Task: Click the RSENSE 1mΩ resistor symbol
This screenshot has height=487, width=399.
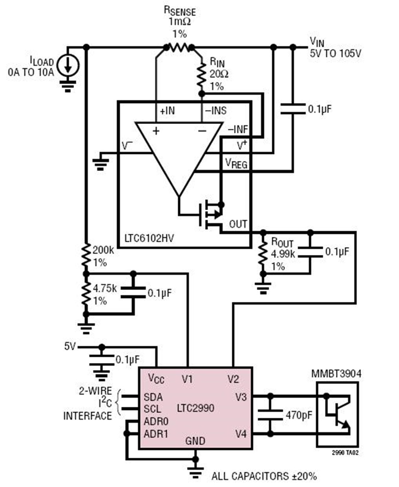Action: tap(179, 47)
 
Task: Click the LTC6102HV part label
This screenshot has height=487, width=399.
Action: tap(149, 238)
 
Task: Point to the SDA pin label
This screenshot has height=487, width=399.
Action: tap(153, 397)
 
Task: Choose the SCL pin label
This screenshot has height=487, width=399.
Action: tap(153, 409)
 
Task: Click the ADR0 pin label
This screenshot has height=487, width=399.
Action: tap(156, 421)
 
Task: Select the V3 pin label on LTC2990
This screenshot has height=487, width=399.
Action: tap(241, 397)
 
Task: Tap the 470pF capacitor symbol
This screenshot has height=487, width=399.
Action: tap(270, 415)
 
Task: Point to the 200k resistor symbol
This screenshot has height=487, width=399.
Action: tap(86, 255)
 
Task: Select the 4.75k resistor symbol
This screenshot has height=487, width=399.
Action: tap(86, 294)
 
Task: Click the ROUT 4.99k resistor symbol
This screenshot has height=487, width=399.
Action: tap(263, 253)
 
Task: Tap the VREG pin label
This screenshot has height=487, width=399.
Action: tap(237, 163)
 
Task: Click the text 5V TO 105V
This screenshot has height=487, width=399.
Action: tap(335, 54)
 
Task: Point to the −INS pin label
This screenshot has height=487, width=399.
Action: tap(215, 111)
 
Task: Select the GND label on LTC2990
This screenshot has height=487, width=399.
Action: tap(195, 441)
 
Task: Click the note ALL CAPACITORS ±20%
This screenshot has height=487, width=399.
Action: tap(264, 476)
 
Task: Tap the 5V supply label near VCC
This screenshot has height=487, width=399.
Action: tap(70, 346)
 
